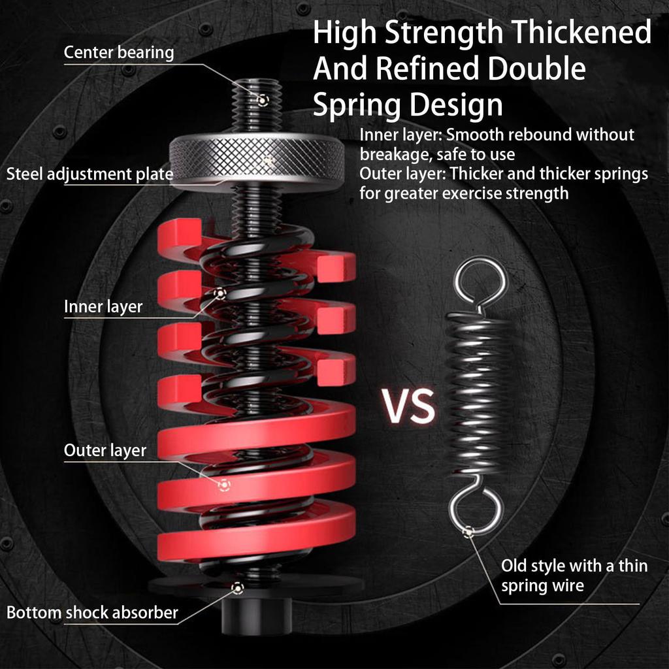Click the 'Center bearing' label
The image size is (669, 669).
[119, 53]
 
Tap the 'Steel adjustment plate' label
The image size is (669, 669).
[90, 174]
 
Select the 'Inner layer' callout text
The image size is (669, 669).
[103, 306]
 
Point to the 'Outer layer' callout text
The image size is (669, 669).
[105, 450]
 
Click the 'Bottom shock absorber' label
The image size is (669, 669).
[92, 613]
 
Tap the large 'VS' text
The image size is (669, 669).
[409, 406]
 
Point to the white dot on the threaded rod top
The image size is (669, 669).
[262, 100]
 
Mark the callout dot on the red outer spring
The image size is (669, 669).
[224, 484]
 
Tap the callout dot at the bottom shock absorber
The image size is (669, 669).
[238, 588]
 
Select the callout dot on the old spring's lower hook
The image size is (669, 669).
[468, 532]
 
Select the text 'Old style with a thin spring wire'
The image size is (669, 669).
[574, 575]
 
